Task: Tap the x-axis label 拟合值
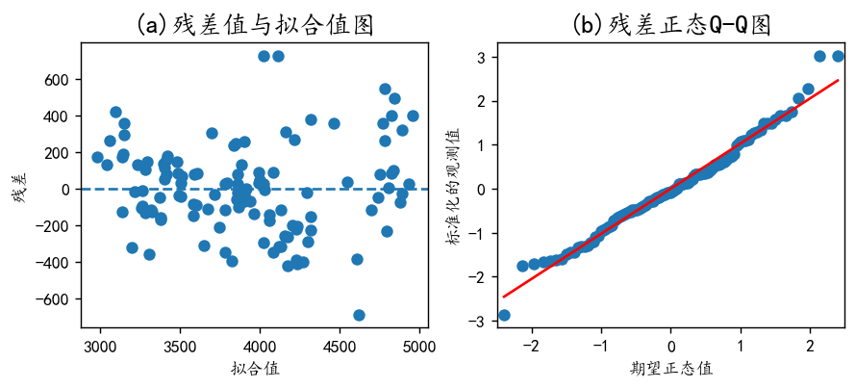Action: coord(255,368)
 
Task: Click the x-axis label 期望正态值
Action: coord(670,368)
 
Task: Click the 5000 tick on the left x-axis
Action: coord(418,344)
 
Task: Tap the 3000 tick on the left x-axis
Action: coord(100,344)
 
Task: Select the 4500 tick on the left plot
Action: coord(339,344)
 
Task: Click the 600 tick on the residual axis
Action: coord(60,79)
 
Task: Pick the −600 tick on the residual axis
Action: coord(55,298)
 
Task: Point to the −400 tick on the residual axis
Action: coord(55,262)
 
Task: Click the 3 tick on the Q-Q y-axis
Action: coord(477,57)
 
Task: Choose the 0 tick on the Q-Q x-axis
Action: coord(671,344)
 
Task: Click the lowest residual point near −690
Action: coord(359,315)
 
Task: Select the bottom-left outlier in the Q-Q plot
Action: coord(504,315)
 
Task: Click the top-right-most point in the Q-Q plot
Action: coord(838,57)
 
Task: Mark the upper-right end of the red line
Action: coord(839,80)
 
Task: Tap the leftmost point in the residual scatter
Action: coord(97,157)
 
